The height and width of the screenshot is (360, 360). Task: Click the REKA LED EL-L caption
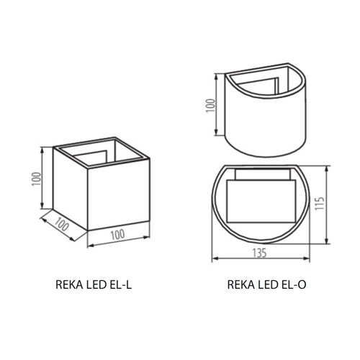click(x=94, y=285)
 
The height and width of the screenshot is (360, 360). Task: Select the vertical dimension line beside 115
click(x=329, y=204)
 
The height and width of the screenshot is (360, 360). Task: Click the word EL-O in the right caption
click(x=293, y=285)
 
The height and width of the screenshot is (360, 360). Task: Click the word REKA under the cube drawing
click(x=69, y=285)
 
